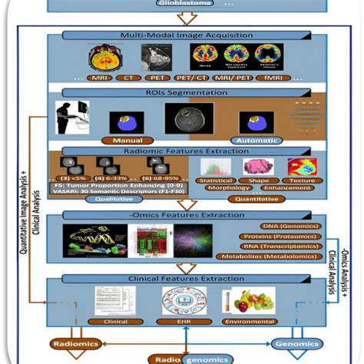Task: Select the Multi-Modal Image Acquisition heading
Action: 181,36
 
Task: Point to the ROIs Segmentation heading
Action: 181,92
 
